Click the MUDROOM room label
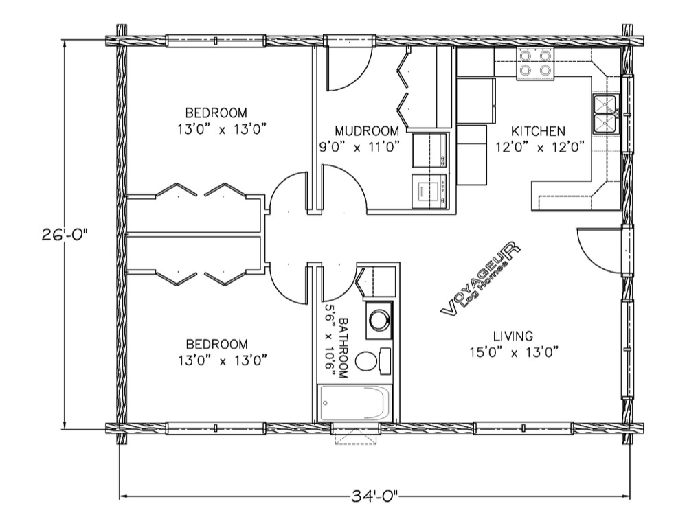coord(367,131)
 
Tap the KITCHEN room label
coord(538,131)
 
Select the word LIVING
coord(513,336)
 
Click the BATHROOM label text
coord(343,348)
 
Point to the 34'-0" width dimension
coord(374,496)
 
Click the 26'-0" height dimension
coord(65,235)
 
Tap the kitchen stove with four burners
coord(535,64)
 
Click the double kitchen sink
coord(605,114)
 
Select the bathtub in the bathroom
coord(355,403)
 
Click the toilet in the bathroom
coord(372,361)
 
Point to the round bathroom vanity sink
coord(379,319)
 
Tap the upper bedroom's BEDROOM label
coord(216,113)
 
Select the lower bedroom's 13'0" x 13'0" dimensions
coord(223,360)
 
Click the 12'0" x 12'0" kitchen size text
coord(540,147)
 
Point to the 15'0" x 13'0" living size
coord(513,352)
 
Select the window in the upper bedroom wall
coord(216,41)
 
